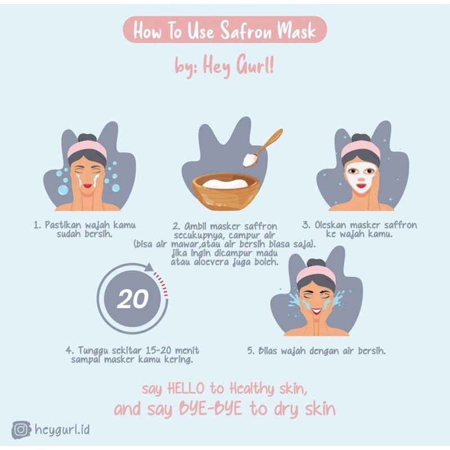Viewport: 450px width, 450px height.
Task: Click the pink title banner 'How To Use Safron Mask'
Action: [225, 30]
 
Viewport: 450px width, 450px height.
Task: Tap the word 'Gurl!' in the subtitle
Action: [255, 66]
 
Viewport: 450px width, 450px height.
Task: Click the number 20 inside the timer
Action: [133, 299]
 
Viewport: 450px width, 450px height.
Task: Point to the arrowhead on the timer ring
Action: [149, 268]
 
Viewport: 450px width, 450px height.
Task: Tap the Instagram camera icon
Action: [21, 429]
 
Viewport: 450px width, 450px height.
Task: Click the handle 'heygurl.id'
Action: [62, 430]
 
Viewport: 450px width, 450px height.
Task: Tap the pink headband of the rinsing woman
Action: [316, 274]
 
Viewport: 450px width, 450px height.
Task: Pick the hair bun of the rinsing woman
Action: [316, 263]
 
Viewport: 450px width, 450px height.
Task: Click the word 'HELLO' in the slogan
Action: [186, 389]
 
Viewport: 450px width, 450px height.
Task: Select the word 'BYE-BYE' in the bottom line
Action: [210, 408]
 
